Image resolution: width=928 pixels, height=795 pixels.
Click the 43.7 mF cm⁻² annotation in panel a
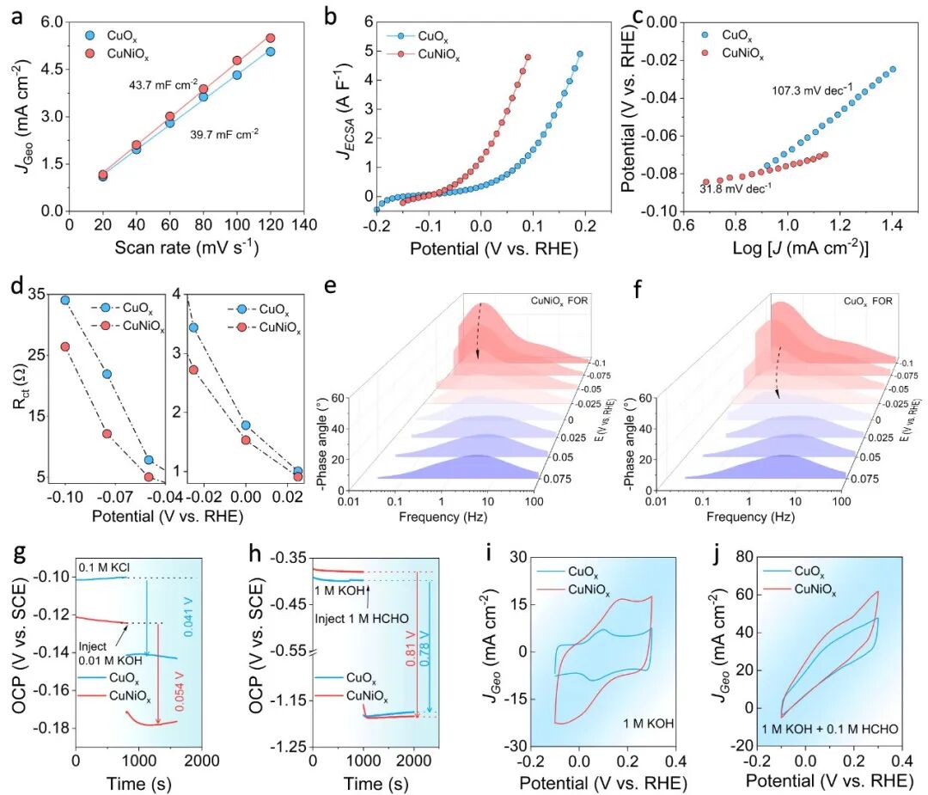[163, 84]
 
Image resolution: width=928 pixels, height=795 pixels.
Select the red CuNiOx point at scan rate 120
[271, 38]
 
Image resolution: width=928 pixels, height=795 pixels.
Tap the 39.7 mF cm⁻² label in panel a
[224, 134]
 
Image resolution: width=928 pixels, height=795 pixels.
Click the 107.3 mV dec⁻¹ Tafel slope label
[813, 90]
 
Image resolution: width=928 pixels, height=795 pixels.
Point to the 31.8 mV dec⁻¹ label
[736, 189]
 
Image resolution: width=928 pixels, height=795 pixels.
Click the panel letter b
[331, 16]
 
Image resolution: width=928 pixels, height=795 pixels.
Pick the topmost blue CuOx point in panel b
[580, 54]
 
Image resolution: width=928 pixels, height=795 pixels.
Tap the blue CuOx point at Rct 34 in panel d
[65, 300]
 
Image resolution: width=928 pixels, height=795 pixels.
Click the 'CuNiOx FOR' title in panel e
[559, 301]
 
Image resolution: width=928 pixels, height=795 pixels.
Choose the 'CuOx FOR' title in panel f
[868, 302]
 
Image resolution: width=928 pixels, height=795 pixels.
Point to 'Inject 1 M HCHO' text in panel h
[362, 619]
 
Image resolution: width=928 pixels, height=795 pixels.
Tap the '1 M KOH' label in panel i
[648, 724]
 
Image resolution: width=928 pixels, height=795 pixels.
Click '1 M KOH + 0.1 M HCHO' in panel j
[830, 730]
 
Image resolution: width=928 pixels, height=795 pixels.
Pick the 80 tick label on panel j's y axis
[745, 556]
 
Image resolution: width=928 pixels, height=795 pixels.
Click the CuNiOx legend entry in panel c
[733, 54]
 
